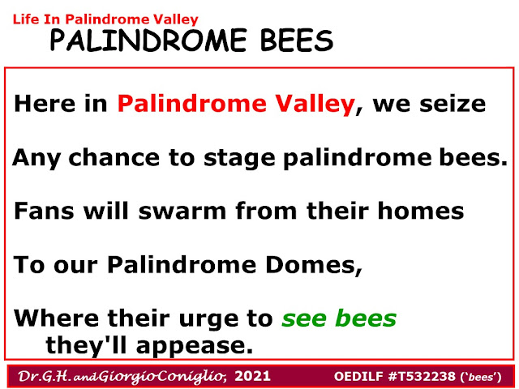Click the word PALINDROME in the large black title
coord(148,40)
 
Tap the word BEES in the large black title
coord(297,40)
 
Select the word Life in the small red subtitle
coord(26,19)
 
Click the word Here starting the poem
coord(45,104)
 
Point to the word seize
coord(453,104)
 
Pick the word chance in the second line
coord(114,157)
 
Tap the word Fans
coord(44,211)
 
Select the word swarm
coord(182,211)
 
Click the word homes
coord(421,211)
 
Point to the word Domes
coord(314,265)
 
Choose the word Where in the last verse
coord(56,318)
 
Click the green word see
coord(304,318)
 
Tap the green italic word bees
coord(366,318)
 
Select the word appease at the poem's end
coord(195,347)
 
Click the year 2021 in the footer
coord(252,376)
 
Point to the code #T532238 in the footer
coord(422,376)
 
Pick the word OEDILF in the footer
coord(359,376)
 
